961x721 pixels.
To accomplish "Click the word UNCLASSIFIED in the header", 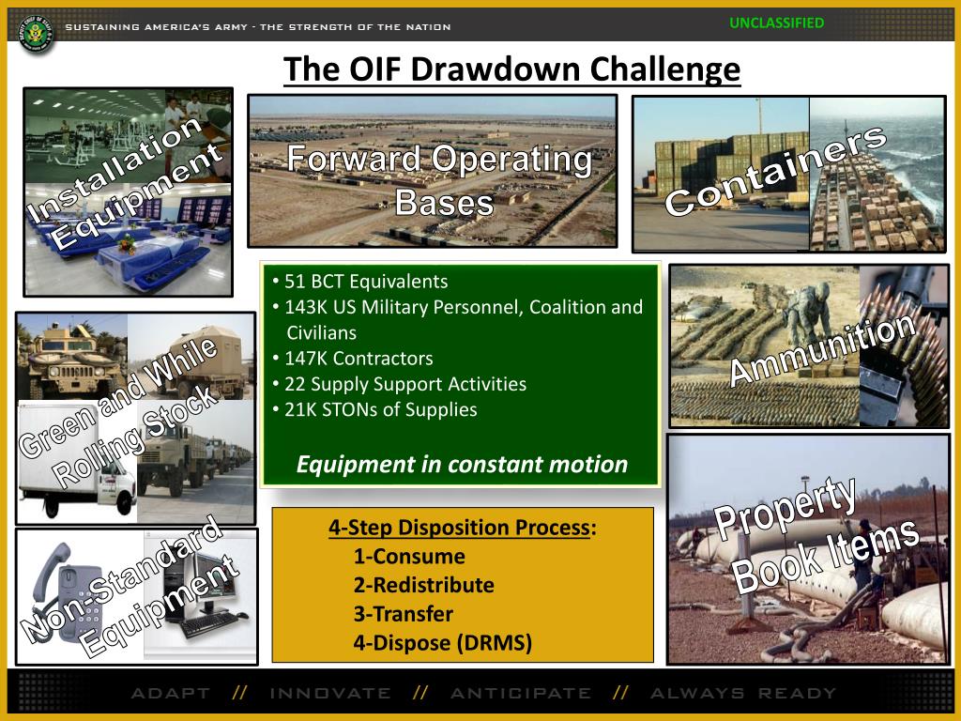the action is coord(776,23).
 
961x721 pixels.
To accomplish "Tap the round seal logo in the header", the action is coord(37,33).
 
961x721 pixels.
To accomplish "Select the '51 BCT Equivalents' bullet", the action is coord(360,282).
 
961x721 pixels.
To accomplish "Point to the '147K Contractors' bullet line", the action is coord(353,358).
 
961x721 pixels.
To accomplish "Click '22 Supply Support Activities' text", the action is coord(400,384).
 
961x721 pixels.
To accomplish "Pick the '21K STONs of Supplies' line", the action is coord(375,409).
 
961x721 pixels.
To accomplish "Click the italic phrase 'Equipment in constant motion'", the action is coord(462,464).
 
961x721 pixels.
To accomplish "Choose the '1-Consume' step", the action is coord(409,556).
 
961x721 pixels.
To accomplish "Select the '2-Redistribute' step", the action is coord(424,585).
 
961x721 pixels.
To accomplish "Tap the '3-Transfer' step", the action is coord(404,614).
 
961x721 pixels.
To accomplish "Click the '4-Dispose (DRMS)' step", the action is coord(443,642).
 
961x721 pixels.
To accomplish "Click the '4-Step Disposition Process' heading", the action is coord(459,528).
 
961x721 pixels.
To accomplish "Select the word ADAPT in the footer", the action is coord(171,694).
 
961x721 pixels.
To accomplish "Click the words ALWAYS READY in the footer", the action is coord(743,694).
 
